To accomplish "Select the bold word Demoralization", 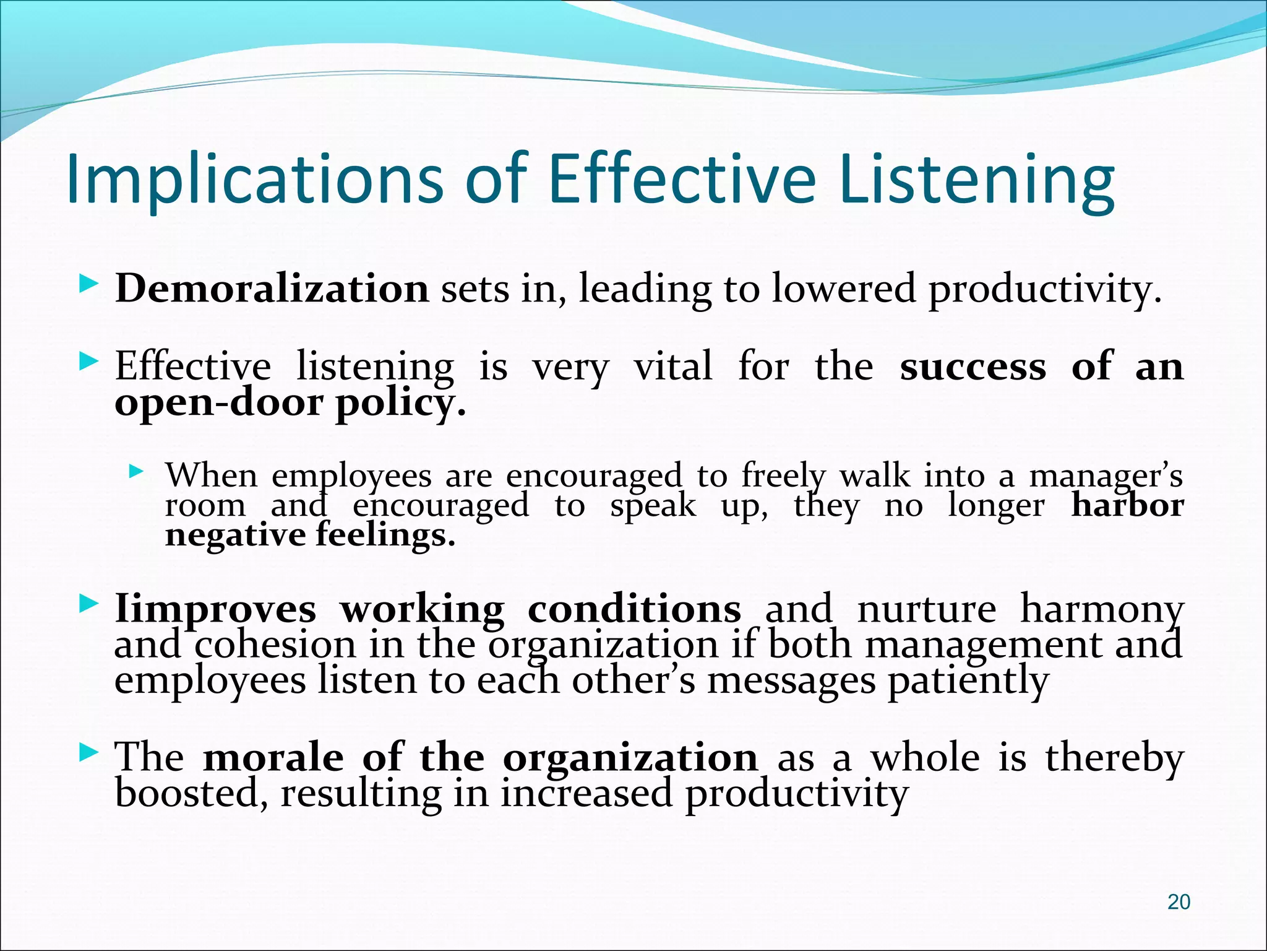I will [272, 289].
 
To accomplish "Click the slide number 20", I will [1179, 902].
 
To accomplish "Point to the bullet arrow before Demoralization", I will [89, 285].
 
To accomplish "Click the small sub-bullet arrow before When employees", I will [136, 472].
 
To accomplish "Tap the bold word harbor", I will [1127, 505].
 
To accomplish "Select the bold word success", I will [973, 367].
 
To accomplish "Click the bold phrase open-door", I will [219, 403].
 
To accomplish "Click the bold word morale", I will [273, 757].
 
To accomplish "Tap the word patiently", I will [968, 681].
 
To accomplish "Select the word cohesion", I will [275, 645].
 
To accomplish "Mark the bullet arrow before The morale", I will [89, 753].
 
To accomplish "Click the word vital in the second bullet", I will [672, 367].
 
